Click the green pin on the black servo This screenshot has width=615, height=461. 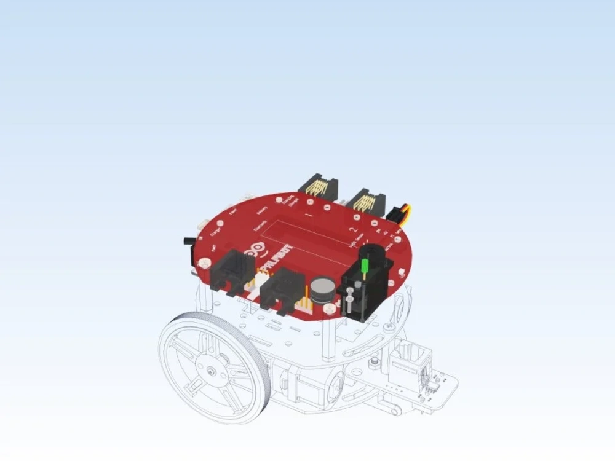coord(364,267)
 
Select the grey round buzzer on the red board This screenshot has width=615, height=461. coord(322,289)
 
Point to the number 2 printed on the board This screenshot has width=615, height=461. coord(352,231)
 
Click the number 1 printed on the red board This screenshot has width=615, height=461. coord(309,216)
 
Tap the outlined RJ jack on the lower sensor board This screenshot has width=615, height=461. coord(407,364)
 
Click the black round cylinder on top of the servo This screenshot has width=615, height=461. coord(371,253)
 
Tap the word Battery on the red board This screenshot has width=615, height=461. coord(262,209)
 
